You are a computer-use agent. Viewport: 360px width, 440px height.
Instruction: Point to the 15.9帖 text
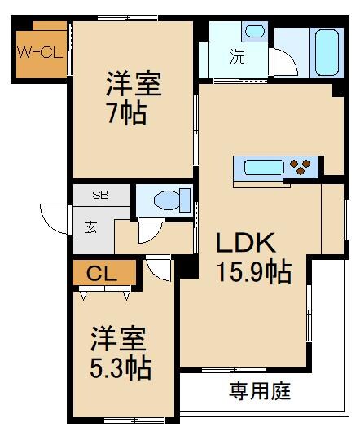pos(253,271)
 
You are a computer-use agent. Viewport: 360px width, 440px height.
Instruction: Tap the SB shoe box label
pos(100,196)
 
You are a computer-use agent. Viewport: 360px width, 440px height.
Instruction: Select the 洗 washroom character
pos(236,58)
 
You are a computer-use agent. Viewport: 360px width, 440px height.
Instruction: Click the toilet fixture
pos(172,200)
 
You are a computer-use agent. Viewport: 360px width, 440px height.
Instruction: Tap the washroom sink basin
pos(255,33)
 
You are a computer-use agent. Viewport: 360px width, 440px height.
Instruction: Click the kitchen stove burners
pos(300,167)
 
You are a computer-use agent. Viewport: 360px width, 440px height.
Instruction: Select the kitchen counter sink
pos(258,169)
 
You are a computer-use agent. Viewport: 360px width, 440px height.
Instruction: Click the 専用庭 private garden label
pos(258,392)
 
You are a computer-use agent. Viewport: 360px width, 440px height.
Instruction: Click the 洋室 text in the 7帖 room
pos(133,84)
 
